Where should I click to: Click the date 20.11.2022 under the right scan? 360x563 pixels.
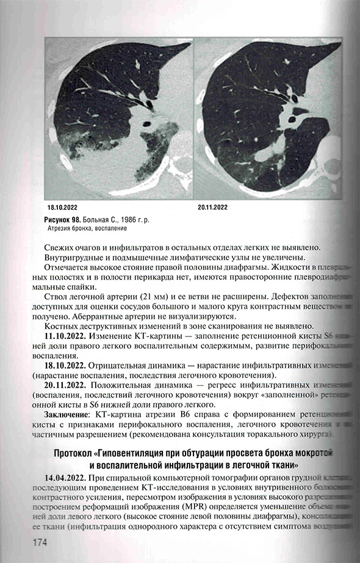click(212, 208)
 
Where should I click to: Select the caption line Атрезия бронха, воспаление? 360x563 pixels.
click(87, 228)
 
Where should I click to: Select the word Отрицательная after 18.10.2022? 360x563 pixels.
click(123, 365)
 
